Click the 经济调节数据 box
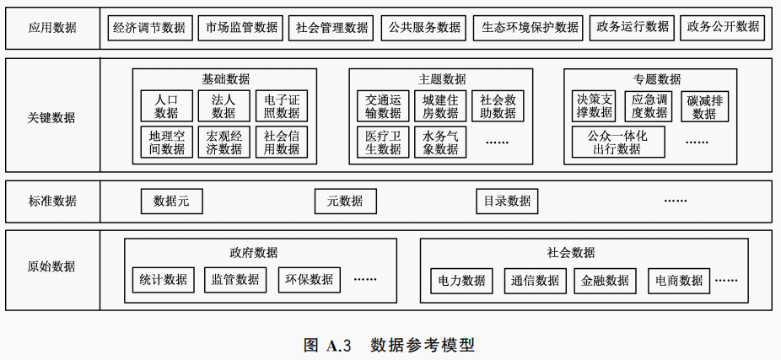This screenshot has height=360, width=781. [x=149, y=28]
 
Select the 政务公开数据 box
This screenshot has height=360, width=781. [x=723, y=28]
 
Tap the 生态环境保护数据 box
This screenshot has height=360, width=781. [x=530, y=28]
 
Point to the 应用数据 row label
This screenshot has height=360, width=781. [x=51, y=28]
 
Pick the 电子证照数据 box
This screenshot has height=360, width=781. [x=281, y=106]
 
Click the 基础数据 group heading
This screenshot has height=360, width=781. [x=225, y=78]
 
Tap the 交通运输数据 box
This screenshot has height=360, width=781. [x=383, y=106]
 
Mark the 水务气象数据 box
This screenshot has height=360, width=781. [x=440, y=142]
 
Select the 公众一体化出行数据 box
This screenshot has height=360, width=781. [x=617, y=142]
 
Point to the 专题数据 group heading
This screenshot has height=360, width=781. [x=657, y=78]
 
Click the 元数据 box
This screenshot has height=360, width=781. [x=345, y=201]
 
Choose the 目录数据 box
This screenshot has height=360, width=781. [x=507, y=201]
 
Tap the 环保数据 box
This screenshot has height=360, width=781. [x=309, y=280]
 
